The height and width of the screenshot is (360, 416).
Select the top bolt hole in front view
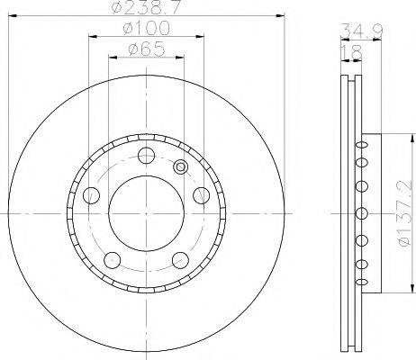click(x=144, y=155)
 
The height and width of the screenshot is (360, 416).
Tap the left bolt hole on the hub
click(x=90, y=194)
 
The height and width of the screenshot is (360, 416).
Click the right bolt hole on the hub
click(x=200, y=194)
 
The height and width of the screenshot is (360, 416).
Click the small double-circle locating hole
click(x=180, y=166)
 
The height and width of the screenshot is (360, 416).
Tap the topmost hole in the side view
click(x=360, y=142)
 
